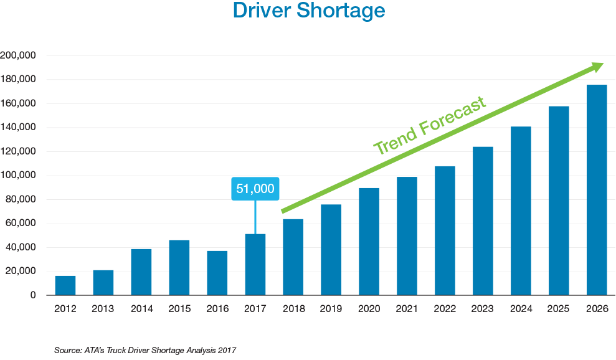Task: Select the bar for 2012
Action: tap(65, 285)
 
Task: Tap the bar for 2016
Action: tap(217, 273)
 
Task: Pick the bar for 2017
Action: tap(255, 265)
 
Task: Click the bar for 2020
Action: tap(369, 242)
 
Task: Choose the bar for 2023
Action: tap(483, 221)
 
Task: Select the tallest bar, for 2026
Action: tap(597, 190)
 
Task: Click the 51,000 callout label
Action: tap(255, 189)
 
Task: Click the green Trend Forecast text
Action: tap(429, 126)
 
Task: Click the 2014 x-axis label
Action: tap(141, 308)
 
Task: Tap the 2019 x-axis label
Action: tap(331, 308)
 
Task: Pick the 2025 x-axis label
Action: tap(559, 308)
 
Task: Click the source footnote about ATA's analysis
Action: tap(146, 351)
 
